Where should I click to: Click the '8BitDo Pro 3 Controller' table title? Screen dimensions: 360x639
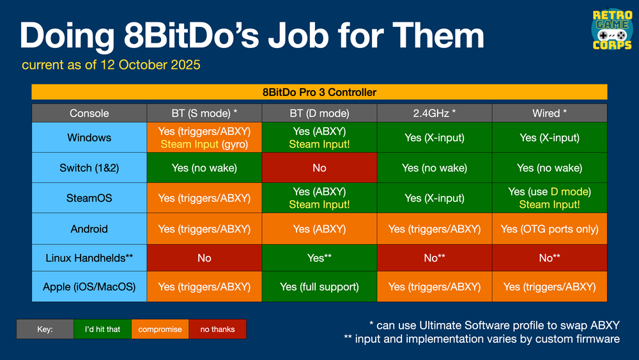tap(319, 92)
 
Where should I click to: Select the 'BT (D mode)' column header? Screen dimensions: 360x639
tap(319, 113)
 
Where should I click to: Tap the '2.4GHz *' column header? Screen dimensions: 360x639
tap(435, 113)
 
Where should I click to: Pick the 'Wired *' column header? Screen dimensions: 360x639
tap(550, 113)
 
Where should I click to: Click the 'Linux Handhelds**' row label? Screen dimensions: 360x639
tap(89, 258)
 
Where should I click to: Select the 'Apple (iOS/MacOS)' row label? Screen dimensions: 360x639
tap(89, 287)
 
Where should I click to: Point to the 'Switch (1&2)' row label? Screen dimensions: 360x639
tap(89, 168)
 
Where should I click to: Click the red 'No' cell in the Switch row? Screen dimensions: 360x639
tap(319, 168)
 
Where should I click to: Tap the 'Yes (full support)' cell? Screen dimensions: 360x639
tap(319, 287)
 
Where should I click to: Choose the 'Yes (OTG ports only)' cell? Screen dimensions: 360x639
tap(550, 228)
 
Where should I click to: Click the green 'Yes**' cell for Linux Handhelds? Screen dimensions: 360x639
tap(319, 258)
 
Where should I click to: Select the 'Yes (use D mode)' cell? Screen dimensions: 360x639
tap(550, 198)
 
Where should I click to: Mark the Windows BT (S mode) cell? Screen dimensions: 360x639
tap(204, 137)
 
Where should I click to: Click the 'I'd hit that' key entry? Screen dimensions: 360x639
tap(102, 329)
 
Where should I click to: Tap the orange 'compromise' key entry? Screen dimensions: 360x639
tap(160, 329)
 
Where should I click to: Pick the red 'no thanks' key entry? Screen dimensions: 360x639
tap(217, 329)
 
